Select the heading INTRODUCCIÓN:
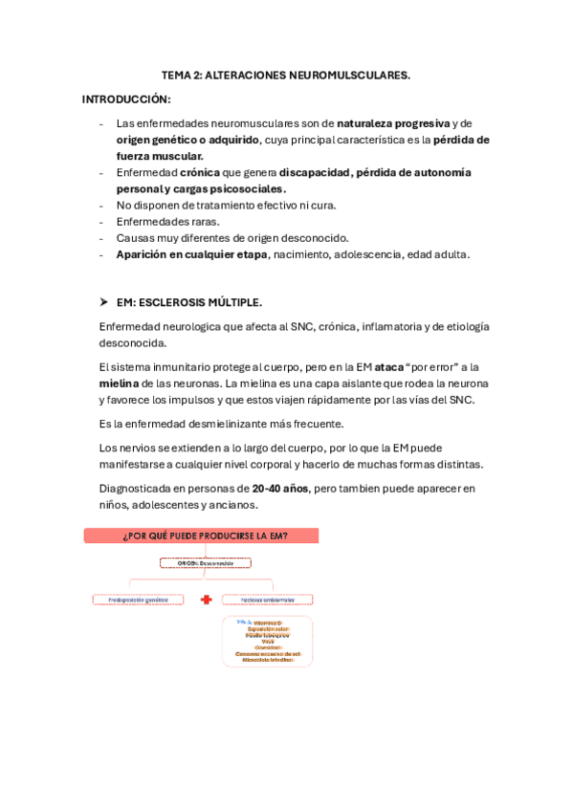[126, 99]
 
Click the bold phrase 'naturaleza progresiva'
[392, 123]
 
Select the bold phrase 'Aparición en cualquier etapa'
[191, 253]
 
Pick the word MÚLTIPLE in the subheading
[236, 302]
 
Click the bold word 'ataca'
[388, 366]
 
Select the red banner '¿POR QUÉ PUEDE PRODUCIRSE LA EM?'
[201, 537]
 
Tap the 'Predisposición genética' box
[138, 600]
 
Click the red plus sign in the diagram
[206, 600]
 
